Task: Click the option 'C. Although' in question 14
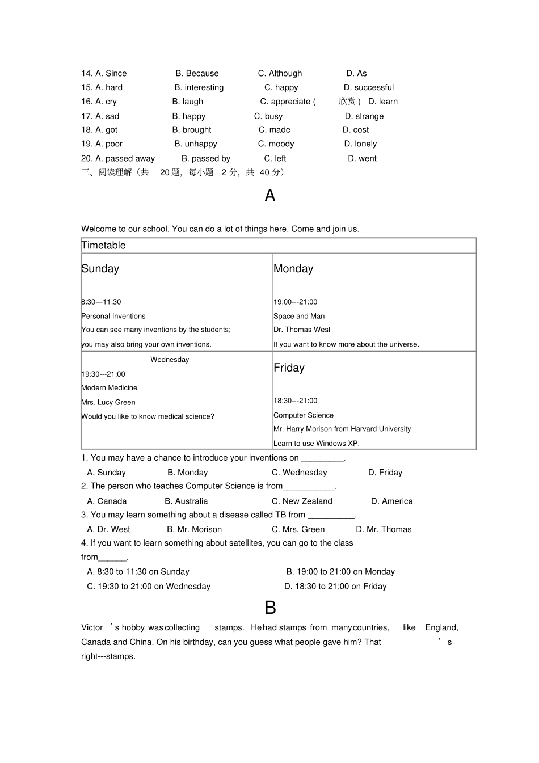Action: pyautogui.click(x=280, y=73)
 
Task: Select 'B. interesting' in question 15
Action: pyautogui.click(x=199, y=87)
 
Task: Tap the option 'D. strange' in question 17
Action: pyautogui.click(x=364, y=116)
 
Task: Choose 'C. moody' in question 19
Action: pyautogui.click(x=276, y=144)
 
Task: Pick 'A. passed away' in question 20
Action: pyautogui.click(x=117, y=159)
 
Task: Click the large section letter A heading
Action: pyautogui.click(x=270, y=196)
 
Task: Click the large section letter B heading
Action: pyautogui.click(x=270, y=608)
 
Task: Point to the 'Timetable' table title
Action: pyautogui.click(x=103, y=246)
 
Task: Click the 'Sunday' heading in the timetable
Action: pyautogui.click(x=100, y=269)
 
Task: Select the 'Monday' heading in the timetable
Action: pyautogui.click(x=293, y=269)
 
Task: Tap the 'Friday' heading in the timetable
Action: pyautogui.click(x=289, y=368)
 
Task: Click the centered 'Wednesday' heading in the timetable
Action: pyautogui.click(x=170, y=360)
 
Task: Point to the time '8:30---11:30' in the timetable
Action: pyautogui.click(x=101, y=302)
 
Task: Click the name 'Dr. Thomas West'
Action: pyautogui.click(x=302, y=330)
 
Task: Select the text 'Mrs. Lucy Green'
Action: pyautogui.click(x=108, y=403)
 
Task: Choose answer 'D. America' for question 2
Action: pyautogui.click(x=391, y=501)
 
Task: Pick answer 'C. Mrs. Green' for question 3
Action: pyautogui.click(x=298, y=530)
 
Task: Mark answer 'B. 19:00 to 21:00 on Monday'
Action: pyautogui.click(x=340, y=572)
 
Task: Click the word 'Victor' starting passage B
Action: pyautogui.click(x=92, y=628)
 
